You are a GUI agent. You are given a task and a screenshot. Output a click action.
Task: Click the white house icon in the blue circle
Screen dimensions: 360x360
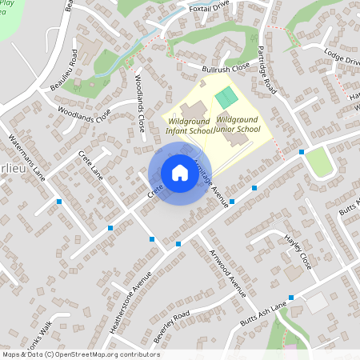[180, 173]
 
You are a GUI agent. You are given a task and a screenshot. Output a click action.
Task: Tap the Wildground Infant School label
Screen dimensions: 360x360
[190, 124]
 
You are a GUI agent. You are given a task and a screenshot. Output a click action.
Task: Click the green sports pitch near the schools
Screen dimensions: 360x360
[226, 98]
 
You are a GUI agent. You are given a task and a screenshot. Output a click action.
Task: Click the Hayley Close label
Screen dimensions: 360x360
[298, 250]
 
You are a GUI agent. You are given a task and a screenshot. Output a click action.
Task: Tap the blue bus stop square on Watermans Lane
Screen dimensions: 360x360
[59, 202]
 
